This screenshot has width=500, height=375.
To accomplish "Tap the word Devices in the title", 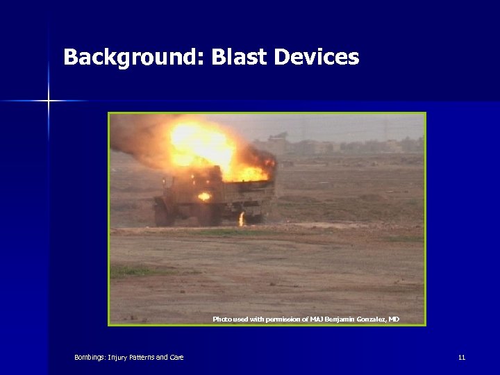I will click(317, 57).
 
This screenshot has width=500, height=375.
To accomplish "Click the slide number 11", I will click(461, 358).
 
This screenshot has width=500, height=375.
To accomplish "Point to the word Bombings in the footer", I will click(89, 358).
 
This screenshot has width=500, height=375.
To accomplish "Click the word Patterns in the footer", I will click(139, 358).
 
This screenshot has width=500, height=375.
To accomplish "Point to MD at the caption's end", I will click(394, 319).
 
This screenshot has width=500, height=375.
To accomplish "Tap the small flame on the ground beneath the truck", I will click(241, 219).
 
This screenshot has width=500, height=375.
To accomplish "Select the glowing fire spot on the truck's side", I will click(204, 197).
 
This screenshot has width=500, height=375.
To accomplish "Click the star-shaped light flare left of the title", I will click(49, 101).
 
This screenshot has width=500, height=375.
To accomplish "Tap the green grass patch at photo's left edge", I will click(125, 271).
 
